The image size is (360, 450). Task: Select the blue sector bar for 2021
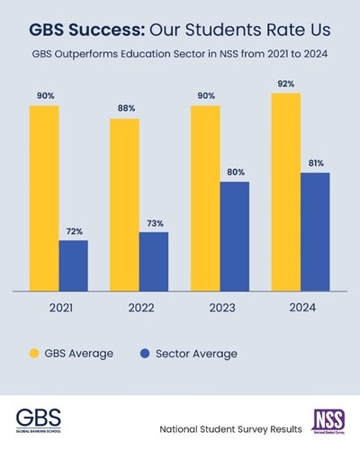(x=74, y=265)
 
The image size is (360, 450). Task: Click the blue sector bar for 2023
(x=235, y=237)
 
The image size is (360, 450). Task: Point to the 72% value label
(x=74, y=231)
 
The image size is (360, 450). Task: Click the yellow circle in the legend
(x=37, y=353)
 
